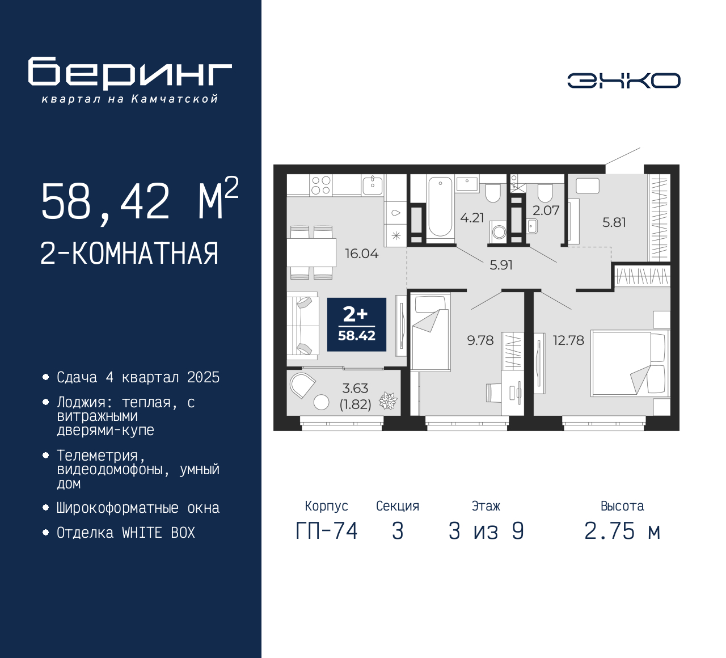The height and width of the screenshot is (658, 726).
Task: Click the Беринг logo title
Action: [130, 74]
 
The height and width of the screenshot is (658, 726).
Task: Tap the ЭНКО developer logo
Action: [623, 81]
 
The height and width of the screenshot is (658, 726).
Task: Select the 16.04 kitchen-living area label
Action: [361, 254]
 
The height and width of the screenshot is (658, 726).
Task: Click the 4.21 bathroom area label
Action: [472, 218]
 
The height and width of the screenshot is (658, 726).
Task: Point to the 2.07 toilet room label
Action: [546, 210]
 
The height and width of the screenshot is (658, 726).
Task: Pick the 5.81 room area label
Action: [614, 222]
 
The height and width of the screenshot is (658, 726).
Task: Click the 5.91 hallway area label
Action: [501, 265]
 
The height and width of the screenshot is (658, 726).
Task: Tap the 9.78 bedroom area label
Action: [480, 340]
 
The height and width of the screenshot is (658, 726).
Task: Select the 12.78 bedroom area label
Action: [568, 340]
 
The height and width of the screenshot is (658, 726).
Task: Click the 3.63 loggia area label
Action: [355, 389]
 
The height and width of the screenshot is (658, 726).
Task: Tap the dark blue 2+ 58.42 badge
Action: [357, 324]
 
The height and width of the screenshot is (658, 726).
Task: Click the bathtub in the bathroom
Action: [440, 207]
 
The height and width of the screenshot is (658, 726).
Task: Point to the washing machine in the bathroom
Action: [499, 231]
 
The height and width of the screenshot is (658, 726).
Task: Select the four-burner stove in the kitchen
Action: [321, 185]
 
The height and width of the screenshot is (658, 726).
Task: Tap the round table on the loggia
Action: [321, 402]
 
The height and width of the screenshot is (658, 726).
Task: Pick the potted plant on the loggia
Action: [388, 401]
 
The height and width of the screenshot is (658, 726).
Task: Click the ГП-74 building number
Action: [327, 532]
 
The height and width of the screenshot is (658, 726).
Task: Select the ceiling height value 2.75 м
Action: [622, 532]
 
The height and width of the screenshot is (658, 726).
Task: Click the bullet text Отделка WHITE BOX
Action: [125, 533]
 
